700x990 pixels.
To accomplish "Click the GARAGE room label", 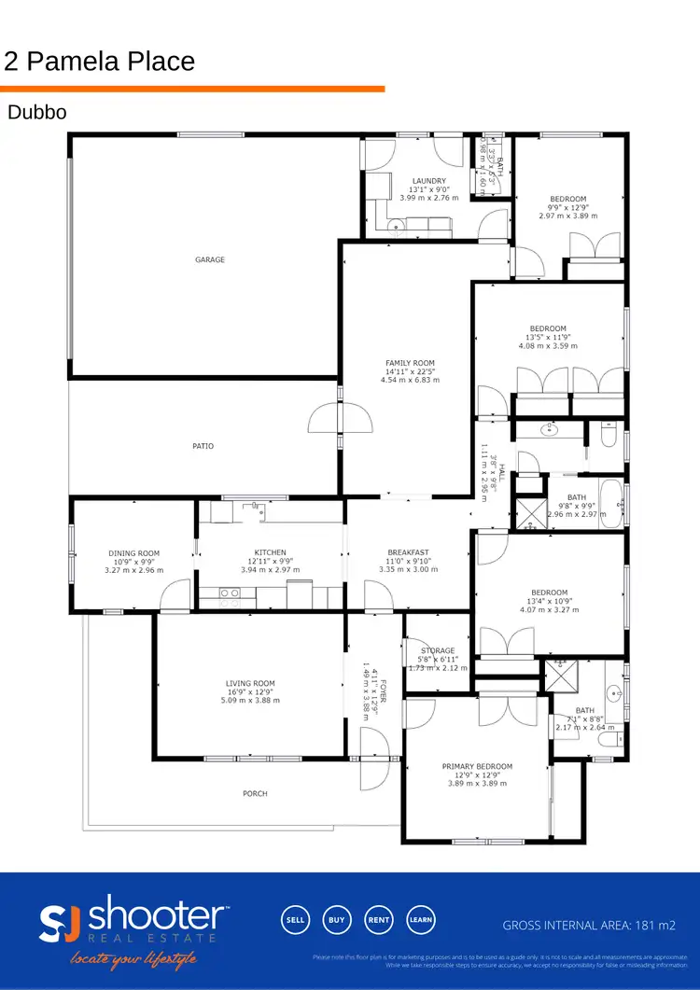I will pos(210,259).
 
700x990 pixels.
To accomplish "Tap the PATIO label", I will pos(203,446).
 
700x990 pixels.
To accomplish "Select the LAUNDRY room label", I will pos(429,181).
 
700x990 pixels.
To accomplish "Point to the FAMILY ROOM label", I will pos(410,363).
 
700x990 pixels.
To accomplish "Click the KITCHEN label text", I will pos(270,552).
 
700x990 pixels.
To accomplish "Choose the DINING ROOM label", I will pos(134,553).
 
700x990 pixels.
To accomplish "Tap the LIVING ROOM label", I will pos(250,683).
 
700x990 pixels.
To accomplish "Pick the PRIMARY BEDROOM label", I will pos(477,766).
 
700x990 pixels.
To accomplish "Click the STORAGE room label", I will pos(438,650).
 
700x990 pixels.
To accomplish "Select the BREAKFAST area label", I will pos(409,552).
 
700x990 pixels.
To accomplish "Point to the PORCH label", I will pos(255,793).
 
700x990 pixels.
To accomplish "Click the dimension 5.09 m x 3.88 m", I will pos(250,700).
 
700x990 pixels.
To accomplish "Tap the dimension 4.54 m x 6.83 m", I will pos(410,380).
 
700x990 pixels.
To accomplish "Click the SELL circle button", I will pos(295,919).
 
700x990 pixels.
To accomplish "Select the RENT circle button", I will pos(378,919).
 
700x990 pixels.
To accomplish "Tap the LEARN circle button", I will pos(420,919).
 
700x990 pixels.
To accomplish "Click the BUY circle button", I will pos(337,919).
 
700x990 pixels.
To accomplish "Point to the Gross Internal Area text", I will pos(589,926).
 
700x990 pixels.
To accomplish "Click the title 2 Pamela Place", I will pos(100,62).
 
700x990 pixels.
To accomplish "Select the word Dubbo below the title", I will pos(36,113).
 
